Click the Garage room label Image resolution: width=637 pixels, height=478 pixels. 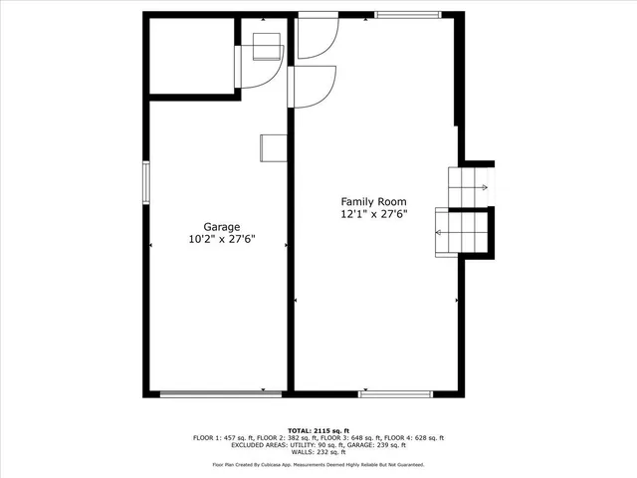coord(222,226)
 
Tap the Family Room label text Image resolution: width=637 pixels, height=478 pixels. coord(374,200)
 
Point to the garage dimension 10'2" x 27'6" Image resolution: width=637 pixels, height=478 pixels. coord(222,240)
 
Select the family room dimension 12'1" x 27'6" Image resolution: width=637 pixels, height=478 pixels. coord(374,213)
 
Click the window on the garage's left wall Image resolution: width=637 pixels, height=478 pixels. coord(145,183)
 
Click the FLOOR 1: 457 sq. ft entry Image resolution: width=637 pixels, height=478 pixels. coord(221,438)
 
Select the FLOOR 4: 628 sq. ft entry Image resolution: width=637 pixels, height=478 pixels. coord(416,438)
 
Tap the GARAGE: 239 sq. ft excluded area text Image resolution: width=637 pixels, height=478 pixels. coord(377,445)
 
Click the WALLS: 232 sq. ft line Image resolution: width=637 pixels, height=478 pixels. coord(318,452)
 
